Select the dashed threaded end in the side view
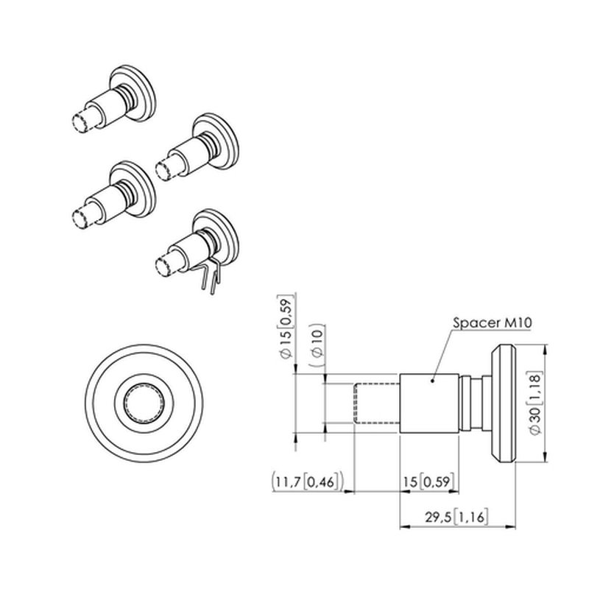pyautogui.click(x=377, y=403)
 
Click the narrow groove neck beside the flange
pyautogui.click(x=468, y=403)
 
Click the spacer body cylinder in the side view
pyautogui.click(x=429, y=403)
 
